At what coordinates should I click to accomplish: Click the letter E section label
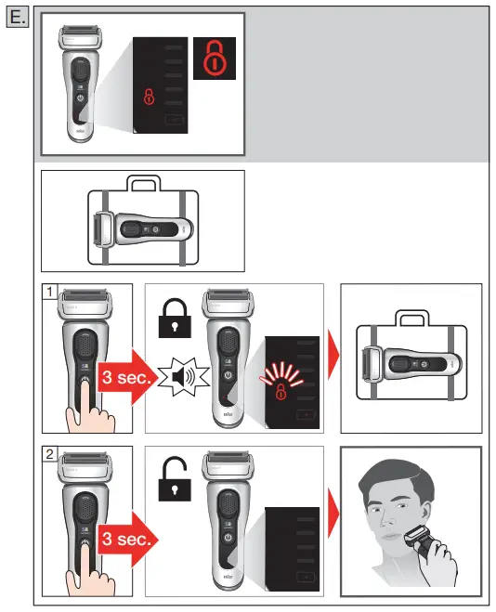(x=14, y=17)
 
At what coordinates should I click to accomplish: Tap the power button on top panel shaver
(x=81, y=97)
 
